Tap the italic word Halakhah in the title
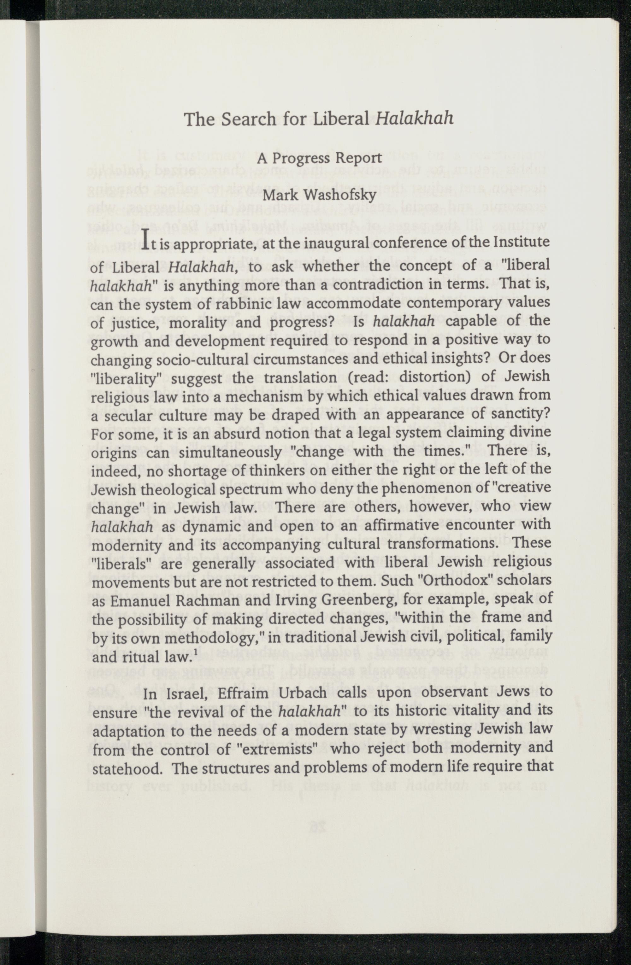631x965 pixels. (x=415, y=118)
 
